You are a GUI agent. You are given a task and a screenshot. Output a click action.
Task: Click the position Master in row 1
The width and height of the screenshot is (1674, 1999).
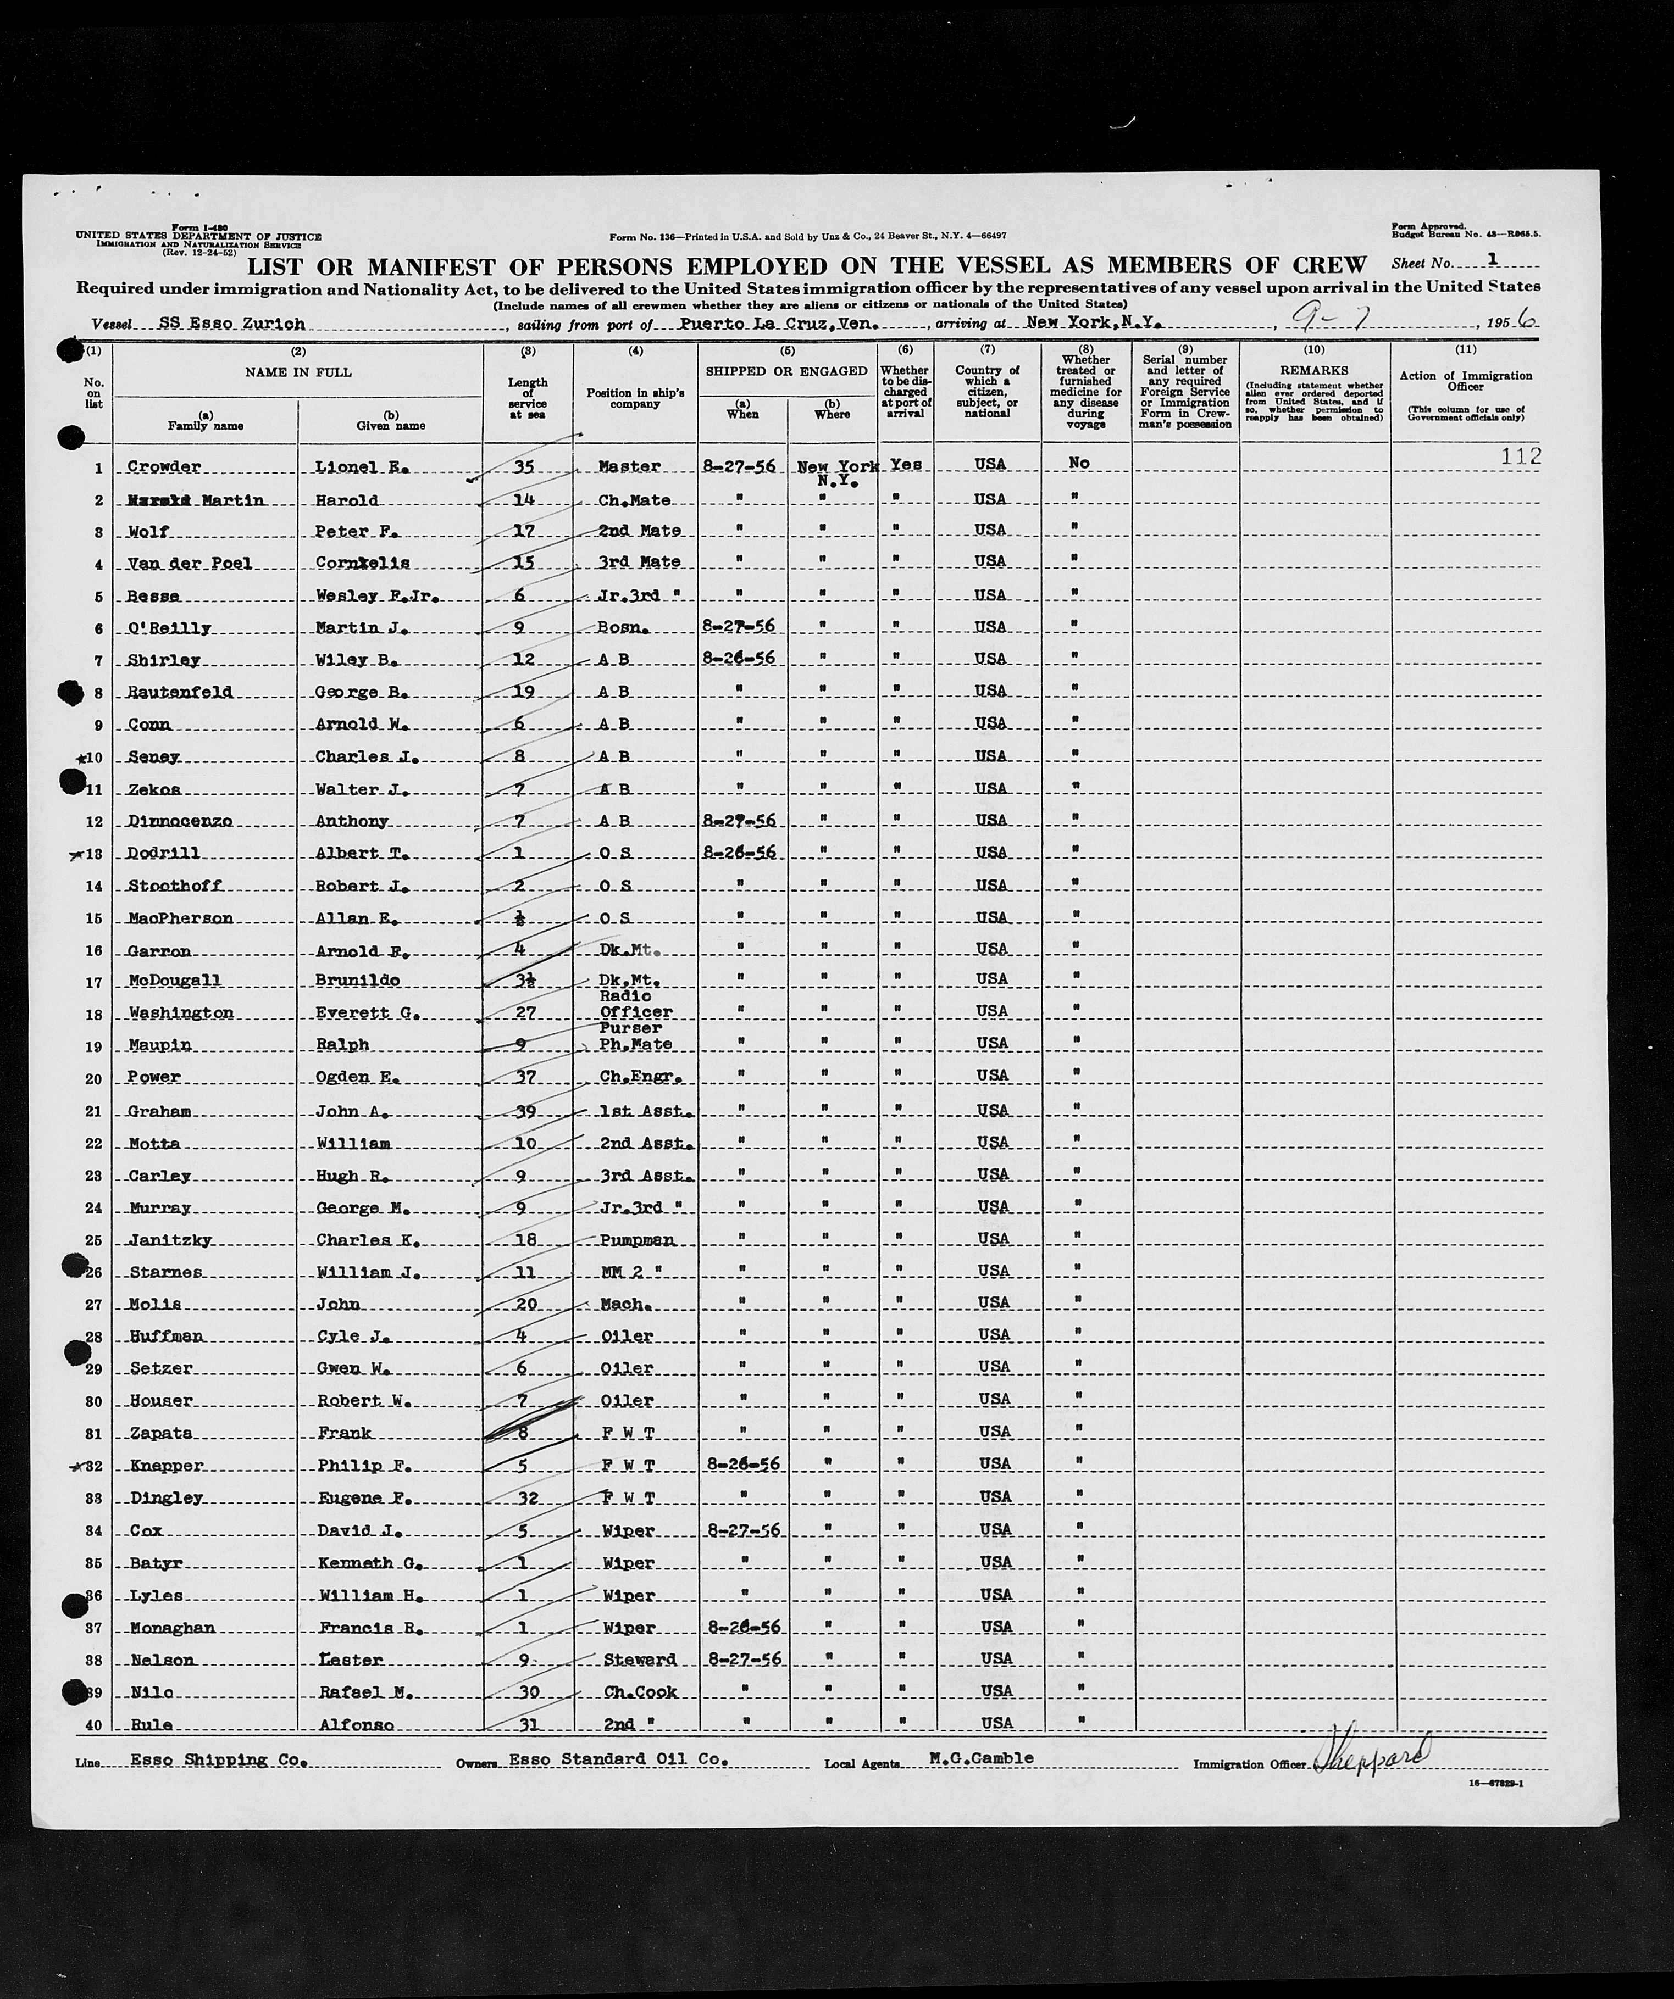(x=629, y=466)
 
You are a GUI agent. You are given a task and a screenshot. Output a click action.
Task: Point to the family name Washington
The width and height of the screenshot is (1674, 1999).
(x=180, y=1013)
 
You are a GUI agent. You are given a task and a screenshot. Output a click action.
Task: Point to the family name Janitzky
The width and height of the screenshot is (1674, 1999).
(x=169, y=1240)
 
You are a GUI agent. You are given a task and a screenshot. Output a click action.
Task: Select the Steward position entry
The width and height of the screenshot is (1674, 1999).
(x=639, y=1659)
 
